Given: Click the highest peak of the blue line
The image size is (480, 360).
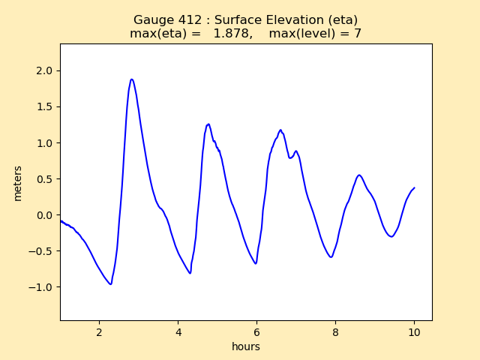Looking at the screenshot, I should [x=131, y=79].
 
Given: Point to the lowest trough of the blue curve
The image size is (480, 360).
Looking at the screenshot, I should [x=110, y=284].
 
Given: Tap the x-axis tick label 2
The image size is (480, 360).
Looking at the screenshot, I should [x=99, y=332].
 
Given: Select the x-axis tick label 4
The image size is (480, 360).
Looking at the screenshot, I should [x=178, y=332].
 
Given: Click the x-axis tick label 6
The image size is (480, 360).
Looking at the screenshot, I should [x=256, y=332].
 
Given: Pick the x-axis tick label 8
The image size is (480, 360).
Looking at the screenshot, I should [x=335, y=332].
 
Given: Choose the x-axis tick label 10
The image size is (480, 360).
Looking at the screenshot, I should [x=414, y=332].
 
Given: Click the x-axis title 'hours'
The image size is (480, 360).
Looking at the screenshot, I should [x=246, y=346].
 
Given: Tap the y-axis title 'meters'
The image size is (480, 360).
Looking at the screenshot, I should [x=17, y=183].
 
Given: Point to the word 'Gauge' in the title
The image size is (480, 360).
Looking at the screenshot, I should [x=152, y=20].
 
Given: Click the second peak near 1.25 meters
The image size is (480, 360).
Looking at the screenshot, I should [x=208, y=124].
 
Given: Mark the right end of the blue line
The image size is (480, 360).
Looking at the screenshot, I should [x=414, y=188].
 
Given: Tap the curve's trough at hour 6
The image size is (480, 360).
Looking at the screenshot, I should [x=256, y=263].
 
